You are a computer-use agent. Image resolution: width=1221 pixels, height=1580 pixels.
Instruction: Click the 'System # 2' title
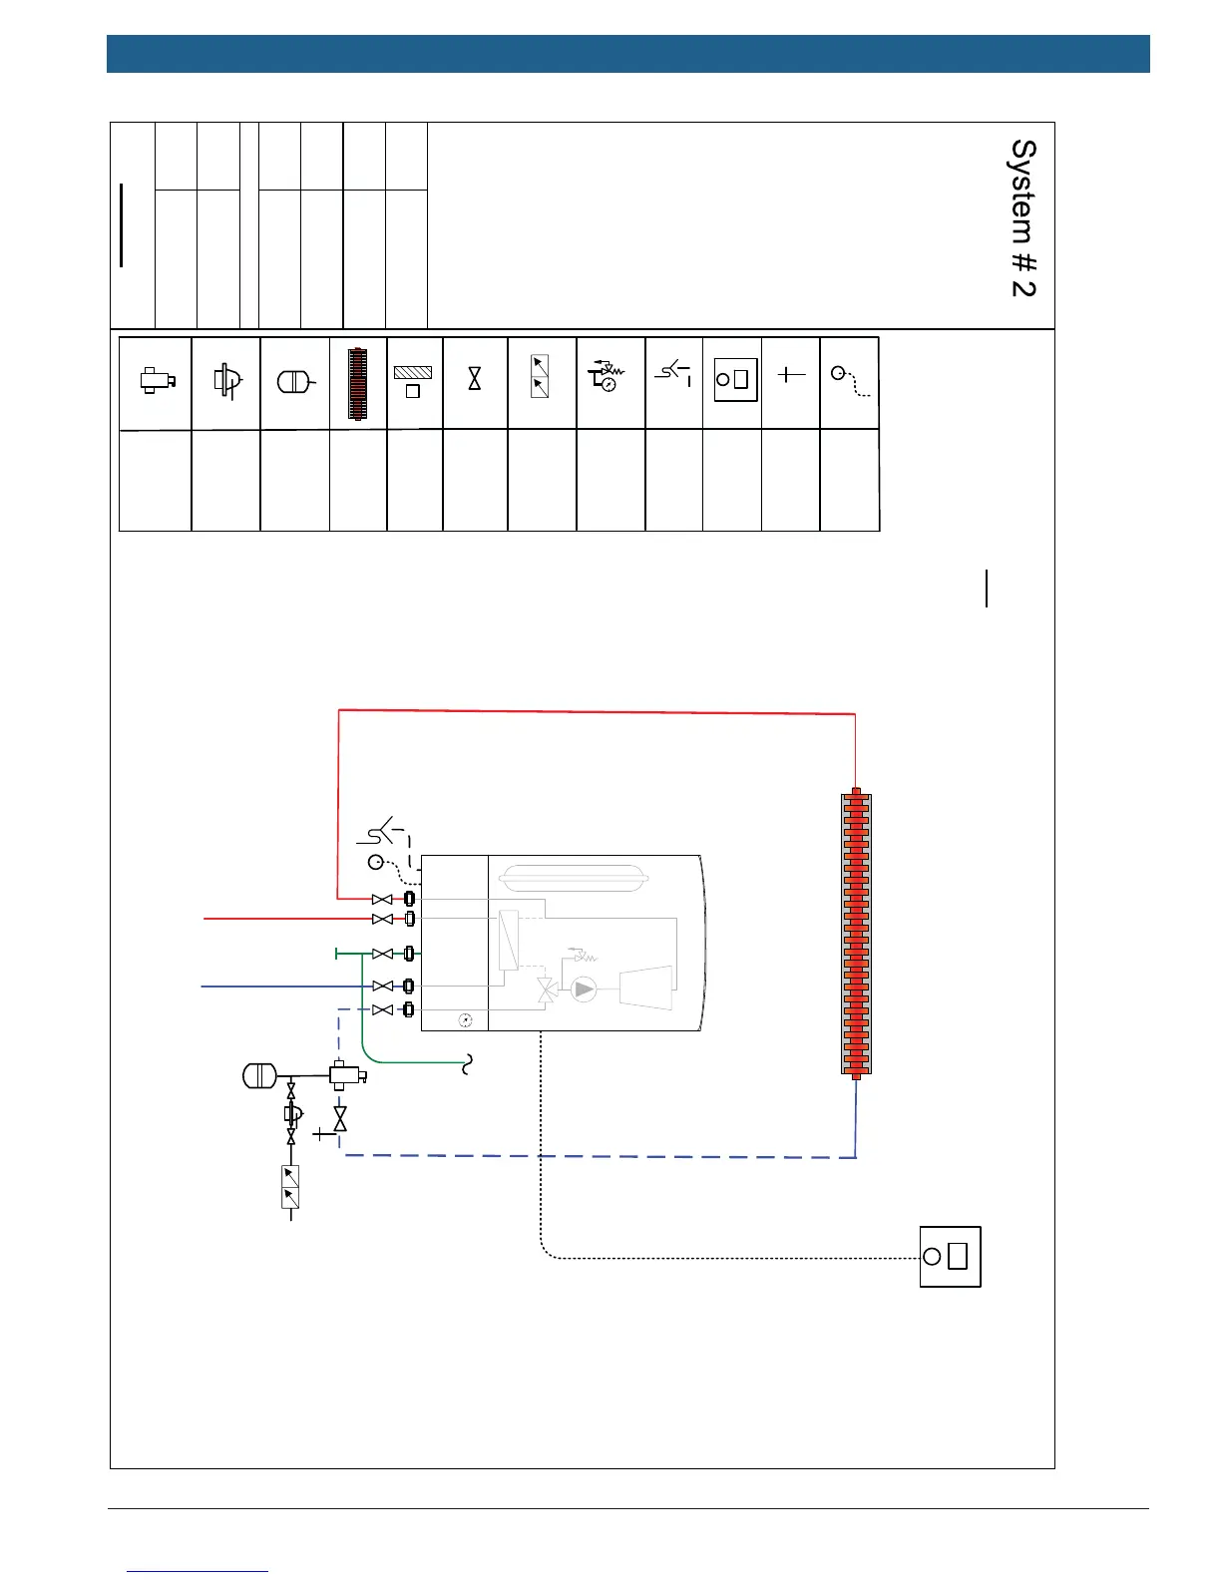(x=1023, y=217)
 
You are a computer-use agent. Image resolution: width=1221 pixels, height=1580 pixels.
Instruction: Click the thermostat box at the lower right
(x=950, y=1257)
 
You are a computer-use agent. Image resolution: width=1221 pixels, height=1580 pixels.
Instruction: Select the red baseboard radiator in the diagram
(x=856, y=934)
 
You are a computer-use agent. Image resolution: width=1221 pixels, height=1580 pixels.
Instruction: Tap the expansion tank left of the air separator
(x=258, y=1075)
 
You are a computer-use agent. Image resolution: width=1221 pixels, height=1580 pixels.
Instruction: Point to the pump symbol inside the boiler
(x=584, y=989)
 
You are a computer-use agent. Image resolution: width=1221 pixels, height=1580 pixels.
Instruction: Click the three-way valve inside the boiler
(x=546, y=989)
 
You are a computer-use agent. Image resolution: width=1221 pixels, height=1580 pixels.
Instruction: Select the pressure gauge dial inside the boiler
(x=465, y=1020)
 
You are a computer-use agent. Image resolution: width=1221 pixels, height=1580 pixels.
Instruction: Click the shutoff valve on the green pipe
(x=382, y=955)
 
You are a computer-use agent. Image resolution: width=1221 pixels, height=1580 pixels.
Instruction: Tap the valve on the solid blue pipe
(x=382, y=986)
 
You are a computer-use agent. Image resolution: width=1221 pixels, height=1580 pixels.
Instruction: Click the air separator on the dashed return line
(x=346, y=1075)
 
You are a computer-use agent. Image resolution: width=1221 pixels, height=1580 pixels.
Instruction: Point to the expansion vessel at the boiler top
(x=574, y=878)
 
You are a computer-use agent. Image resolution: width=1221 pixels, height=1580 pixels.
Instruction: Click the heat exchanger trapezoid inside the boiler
(x=645, y=987)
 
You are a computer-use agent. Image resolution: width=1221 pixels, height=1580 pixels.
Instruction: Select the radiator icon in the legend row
(x=358, y=383)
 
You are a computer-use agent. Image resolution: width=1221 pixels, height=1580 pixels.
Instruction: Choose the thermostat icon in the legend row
(x=732, y=380)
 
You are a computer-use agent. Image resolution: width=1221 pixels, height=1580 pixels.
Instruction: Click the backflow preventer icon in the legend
(x=540, y=376)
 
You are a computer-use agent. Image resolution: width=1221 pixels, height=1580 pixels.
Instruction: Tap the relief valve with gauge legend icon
(x=606, y=375)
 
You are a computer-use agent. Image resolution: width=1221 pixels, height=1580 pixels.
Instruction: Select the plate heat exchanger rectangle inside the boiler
(x=509, y=940)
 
